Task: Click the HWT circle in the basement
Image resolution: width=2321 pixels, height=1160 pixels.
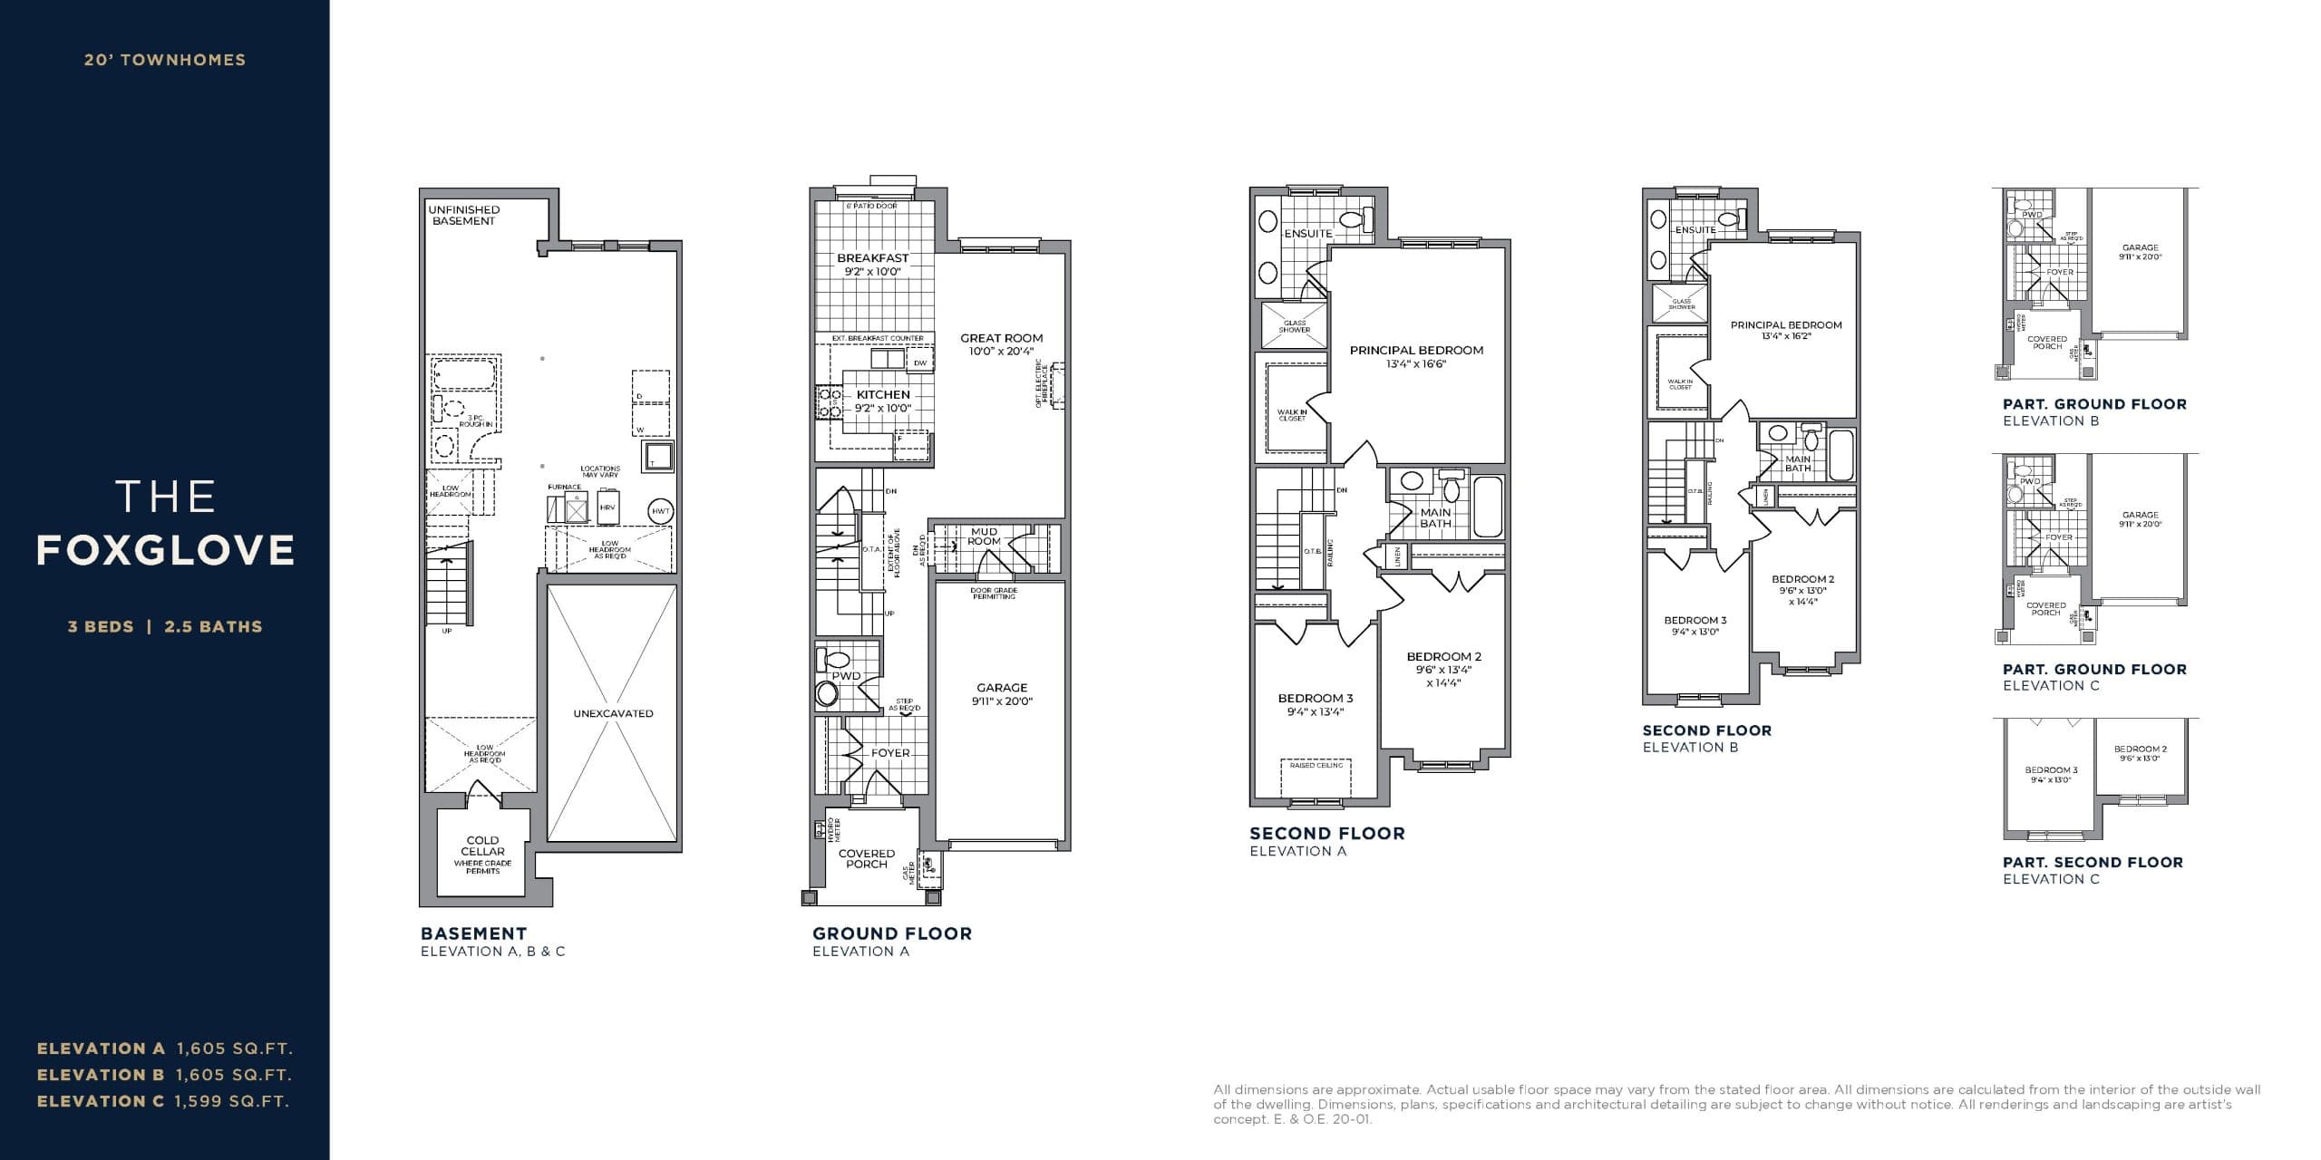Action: (x=661, y=511)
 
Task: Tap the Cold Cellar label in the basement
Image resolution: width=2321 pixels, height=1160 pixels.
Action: (x=482, y=846)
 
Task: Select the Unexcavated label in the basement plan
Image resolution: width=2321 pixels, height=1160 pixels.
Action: (x=613, y=713)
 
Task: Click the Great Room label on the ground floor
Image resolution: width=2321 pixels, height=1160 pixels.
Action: (x=1001, y=338)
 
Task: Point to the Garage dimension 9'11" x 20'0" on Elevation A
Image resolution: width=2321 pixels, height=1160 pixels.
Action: (x=1002, y=701)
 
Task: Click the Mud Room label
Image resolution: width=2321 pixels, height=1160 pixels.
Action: (x=984, y=536)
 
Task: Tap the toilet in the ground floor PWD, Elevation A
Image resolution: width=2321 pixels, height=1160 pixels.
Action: (x=827, y=693)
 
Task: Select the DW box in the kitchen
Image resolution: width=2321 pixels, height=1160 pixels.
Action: (x=920, y=362)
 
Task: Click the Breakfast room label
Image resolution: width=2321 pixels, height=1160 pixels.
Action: (x=872, y=258)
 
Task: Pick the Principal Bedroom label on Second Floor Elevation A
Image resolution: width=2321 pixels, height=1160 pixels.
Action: (x=1416, y=350)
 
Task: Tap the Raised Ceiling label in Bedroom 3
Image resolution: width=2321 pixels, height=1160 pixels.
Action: (x=1316, y=766)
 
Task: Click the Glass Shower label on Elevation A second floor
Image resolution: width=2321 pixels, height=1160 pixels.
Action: (x=1294, y=326)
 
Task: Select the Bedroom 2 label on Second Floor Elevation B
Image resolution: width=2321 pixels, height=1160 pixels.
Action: (x=1803, y=579)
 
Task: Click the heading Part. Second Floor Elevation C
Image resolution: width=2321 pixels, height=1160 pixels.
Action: (x=2093, y=863)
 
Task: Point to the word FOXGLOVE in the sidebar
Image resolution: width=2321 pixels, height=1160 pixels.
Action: (x=166, y=550)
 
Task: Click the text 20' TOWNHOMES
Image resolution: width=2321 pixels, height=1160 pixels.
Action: (x=165, y=60)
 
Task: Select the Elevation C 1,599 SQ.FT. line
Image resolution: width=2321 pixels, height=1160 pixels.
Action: (x=163, y=1102)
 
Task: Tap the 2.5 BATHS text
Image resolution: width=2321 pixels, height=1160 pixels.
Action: (x=213, y=626)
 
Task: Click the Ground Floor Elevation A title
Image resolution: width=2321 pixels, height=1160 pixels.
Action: (x=891, y=933)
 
